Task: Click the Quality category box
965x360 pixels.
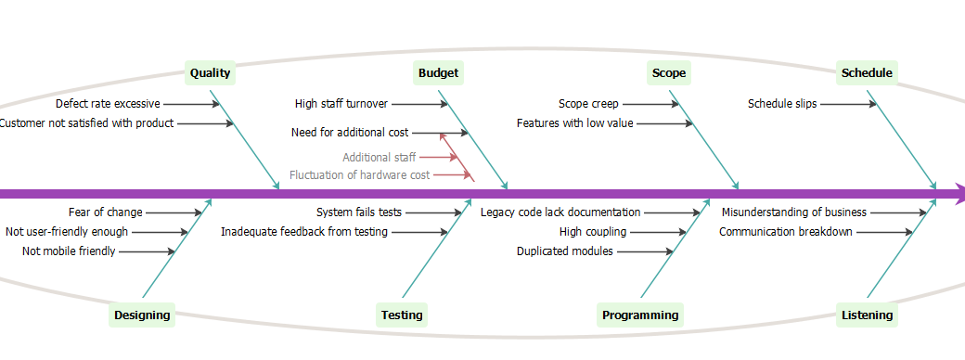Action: [x=210, y=73]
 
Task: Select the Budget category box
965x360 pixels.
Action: [x=438, y=73]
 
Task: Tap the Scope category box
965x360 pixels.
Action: [x=669, y=73]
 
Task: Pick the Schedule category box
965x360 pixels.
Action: [x=866, y=73]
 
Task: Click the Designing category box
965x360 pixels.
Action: [x=142, y=315]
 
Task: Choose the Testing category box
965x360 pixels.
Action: [x=401, y=315]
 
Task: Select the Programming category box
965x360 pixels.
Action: [x=639, y=315]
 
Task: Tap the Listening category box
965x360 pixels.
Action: [x=867, y=315]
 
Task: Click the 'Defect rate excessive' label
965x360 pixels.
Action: [x=108, y=104]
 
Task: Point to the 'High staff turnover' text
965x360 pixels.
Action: [x=341, y=104]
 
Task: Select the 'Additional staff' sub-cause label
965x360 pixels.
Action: [x=379, y=157]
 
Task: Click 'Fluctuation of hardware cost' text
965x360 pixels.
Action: [x=359, y=174]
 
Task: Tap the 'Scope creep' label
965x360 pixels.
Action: [x=588, y=104]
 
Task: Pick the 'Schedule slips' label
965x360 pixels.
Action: [x=782, y=104]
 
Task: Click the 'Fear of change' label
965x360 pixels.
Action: [x=106, y=212]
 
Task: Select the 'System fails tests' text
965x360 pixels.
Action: [x=358, y=212]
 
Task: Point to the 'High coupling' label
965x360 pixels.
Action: [x=592, y=231]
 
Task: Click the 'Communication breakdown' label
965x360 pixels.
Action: [x=785, y=231]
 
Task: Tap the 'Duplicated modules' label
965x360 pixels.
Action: [x=564, y=251]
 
